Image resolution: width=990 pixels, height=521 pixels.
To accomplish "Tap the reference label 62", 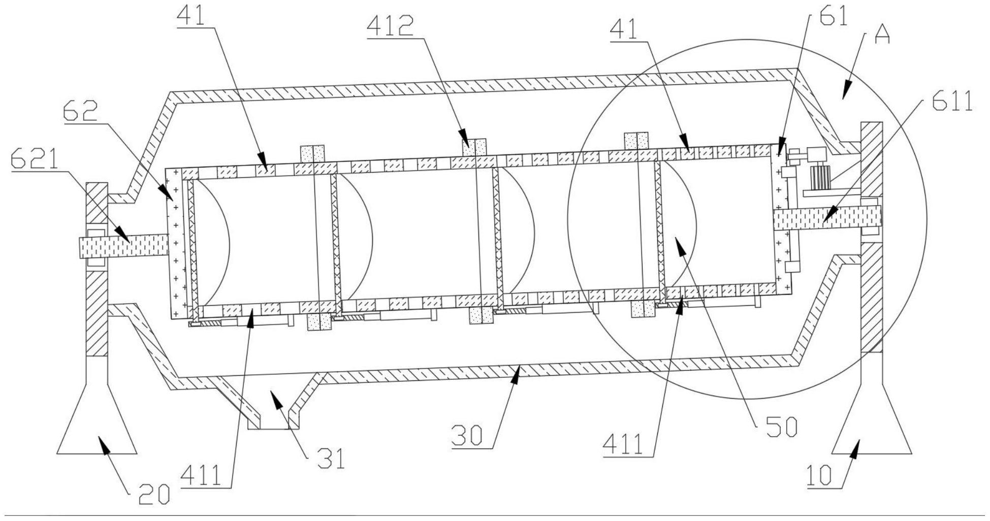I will pos(80,112).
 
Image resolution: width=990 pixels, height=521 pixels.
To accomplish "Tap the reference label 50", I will pos(783,428).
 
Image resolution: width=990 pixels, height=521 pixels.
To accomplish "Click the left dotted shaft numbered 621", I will pos(124,247).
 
